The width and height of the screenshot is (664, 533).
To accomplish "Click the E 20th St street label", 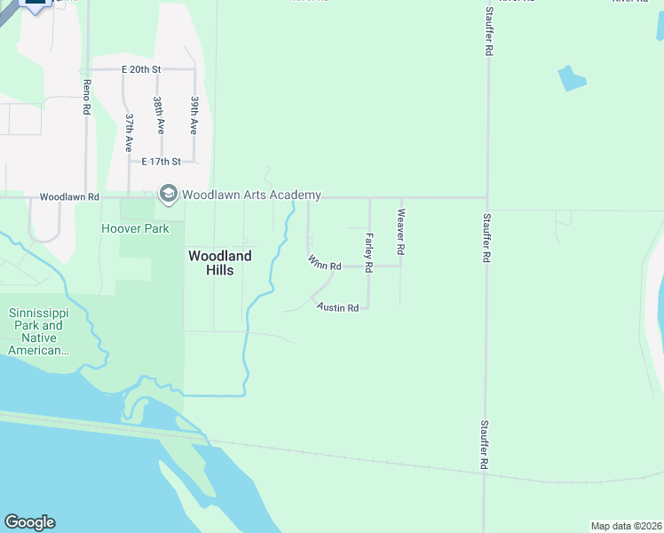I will pyautogui.click(x=140, y=69).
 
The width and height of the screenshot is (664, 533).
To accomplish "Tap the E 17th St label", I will pyautogui.click(x=162, y=162).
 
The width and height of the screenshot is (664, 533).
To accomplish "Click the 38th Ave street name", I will pyautogui.click(x=157, y=115).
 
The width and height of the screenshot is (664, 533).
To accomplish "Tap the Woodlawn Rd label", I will pyautogui.click(x=69, y=196).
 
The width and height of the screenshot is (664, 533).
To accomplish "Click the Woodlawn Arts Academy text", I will pyautogui.click(x=251, y=195).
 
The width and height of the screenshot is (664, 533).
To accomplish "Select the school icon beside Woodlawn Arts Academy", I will pyautogui.click(x=167, y=193).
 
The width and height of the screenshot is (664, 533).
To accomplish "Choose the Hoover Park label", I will pyautogui.click(x=135, y=228).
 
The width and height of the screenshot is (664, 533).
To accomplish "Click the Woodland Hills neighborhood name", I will pyautogui.click(x=219, y=263).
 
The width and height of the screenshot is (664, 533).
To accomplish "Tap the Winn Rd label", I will pyautogui.click(x=325, y=264).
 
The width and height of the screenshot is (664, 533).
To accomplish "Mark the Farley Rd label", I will pyautogui.click(x=368, y=252).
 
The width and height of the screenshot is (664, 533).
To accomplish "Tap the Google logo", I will pyautogui.click(x=29, y=522).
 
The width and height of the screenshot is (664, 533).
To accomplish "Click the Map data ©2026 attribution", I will pyautogui.click(x=626, y=526).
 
